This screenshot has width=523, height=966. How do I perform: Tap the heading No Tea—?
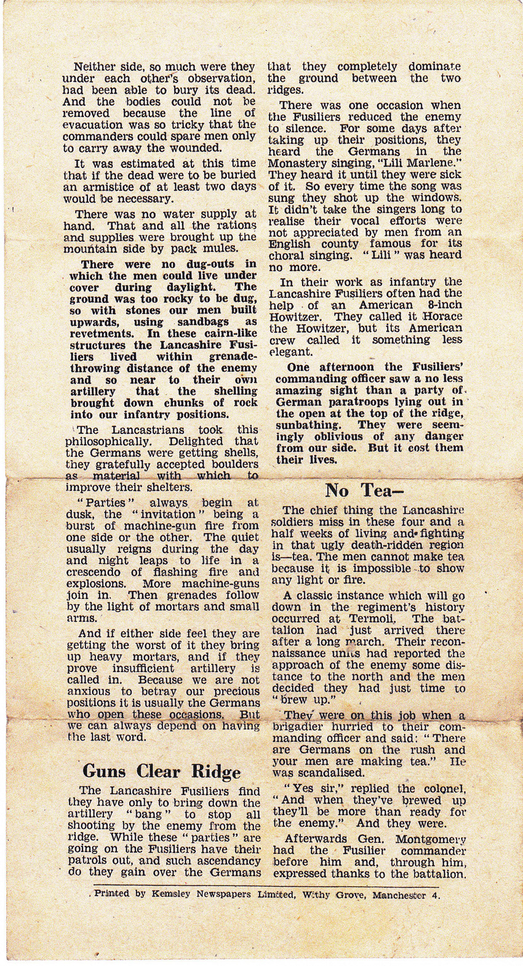point(364,490)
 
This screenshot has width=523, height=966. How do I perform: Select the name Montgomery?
point(430,839)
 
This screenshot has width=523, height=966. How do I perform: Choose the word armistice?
point(103,187)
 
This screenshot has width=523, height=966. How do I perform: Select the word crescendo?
point(94,572)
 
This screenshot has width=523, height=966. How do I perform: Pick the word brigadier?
point(300,727)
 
